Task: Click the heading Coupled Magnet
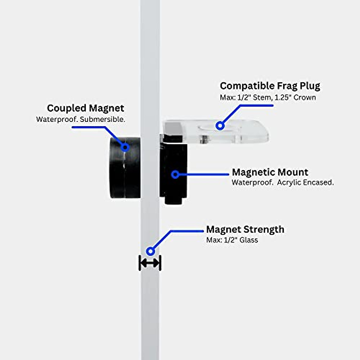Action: coord(85,108)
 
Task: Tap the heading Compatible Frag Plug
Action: coord(270,86)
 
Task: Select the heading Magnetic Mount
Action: coord(270,172)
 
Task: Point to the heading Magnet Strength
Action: coord(245,229)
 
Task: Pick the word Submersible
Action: coord(102,119)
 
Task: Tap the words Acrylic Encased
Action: coord(305,182)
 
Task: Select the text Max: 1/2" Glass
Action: coord(232,240)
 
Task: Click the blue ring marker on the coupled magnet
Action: coord(125,147)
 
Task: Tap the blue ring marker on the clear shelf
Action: coord(220,125)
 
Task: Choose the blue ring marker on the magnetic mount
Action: coord(175,174)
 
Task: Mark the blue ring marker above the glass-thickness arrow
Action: coord(150,251)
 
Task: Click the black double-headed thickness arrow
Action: coord(150,263)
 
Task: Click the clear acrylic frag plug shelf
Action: coord(243,132)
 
